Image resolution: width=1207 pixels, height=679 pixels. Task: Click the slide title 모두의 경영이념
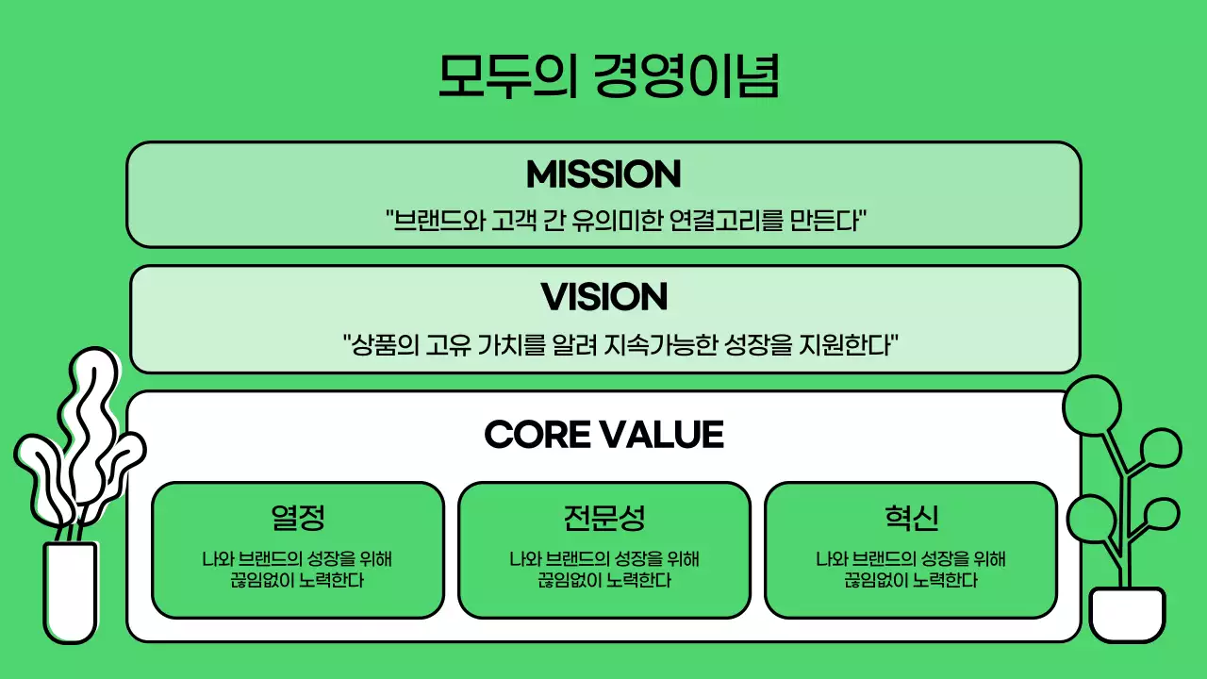coord(608,75)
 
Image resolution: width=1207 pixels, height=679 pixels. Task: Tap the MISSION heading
coord(603,174)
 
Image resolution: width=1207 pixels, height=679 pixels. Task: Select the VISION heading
coord(604,297)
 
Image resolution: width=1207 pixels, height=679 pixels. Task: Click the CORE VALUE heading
coord(603,435)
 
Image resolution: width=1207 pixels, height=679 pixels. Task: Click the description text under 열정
coord(298,570)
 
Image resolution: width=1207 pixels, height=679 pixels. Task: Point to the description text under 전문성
coord(604,570)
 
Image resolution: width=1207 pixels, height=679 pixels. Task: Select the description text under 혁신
coord(911,570)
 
